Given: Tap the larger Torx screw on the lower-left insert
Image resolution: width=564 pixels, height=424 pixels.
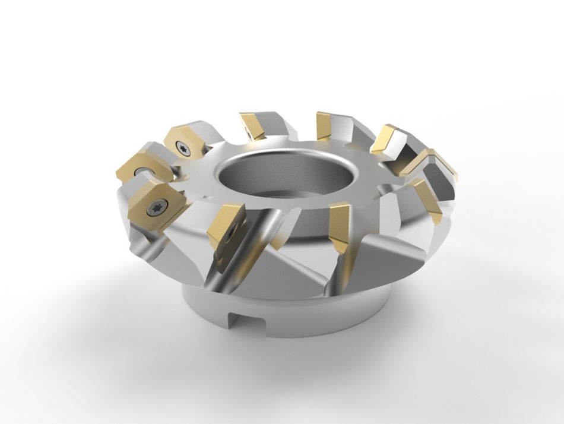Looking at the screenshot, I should click(x=159, y=206).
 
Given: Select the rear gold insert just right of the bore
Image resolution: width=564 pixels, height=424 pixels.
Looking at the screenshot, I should click(x=325, y=125).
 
